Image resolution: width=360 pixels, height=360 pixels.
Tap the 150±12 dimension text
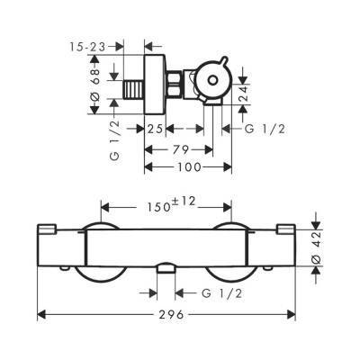click(x=171, y=204)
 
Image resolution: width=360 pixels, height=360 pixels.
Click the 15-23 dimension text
click(x=88, y=47)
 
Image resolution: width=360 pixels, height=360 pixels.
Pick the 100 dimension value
click(x=189, y=167)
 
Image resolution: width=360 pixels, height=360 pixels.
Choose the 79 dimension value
click(x=181, y=149)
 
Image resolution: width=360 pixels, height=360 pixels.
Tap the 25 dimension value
click(x=155, y=129)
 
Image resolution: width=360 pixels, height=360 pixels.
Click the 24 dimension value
click(x=244, y=94)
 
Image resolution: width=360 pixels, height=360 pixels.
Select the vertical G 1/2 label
click(x=116, y=139)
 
